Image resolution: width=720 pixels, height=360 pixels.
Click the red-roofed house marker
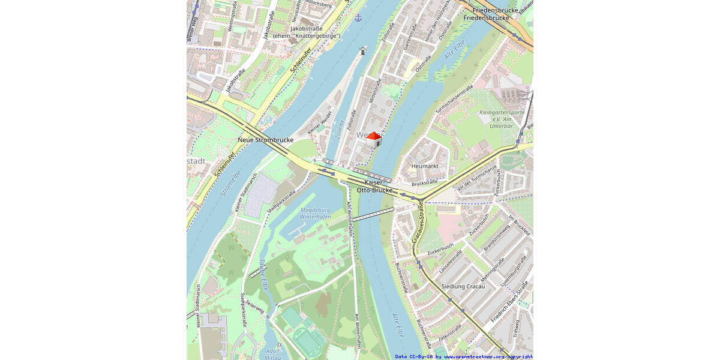[374, 139]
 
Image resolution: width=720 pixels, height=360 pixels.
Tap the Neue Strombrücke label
[266, 140]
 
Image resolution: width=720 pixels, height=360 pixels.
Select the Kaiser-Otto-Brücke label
[375, 186]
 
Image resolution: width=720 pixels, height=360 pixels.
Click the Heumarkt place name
[425, 166]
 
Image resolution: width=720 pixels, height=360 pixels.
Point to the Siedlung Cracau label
[463, 286]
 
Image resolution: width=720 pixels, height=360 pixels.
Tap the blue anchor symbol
[358, 17]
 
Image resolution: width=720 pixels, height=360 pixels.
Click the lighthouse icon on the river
[362, 52]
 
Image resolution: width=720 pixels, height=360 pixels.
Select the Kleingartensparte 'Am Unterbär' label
[502, 119]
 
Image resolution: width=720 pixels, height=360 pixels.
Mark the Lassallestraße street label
[451, 262]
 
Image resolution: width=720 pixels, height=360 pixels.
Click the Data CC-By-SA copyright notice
[464, 356]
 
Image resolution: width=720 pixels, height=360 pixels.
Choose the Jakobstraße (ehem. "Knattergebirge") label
[306, 32]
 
